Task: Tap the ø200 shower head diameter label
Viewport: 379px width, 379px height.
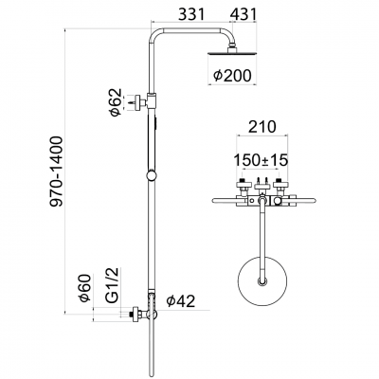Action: click(232, 75)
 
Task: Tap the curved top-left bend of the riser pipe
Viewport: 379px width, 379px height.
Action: click(153, 37)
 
